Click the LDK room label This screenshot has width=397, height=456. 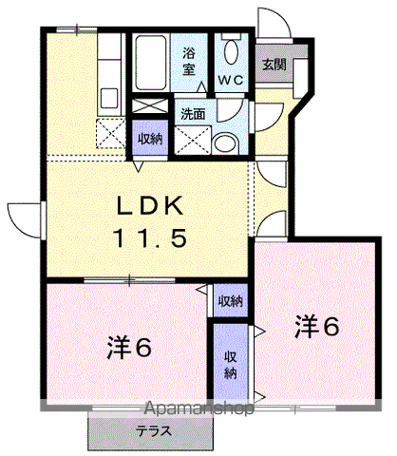tap(151, 206)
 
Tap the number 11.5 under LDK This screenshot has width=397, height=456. tap(149, 238)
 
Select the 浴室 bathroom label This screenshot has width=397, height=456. tap(189, 62)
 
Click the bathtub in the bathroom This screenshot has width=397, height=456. tap(151, 63)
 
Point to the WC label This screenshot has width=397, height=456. tap(231, 80)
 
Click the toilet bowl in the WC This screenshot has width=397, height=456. tap(231, 52)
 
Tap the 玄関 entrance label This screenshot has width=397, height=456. tap(274, 65)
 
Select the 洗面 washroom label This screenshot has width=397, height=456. tap(193, 114)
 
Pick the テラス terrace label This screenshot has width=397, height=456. tap(154, 431)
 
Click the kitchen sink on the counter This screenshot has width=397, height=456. tap(109, 98)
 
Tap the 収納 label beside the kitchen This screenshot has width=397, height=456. tap(150, 139)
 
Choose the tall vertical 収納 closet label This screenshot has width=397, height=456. tap(231, 365)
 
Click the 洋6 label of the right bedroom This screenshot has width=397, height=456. tap(317, 327)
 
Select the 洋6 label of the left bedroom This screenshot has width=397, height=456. tap(129, 347)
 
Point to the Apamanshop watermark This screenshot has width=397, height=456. tap(198, 408)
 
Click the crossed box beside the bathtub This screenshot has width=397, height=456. tap(150, 105)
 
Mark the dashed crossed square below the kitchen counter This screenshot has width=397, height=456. tap(111, 133)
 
